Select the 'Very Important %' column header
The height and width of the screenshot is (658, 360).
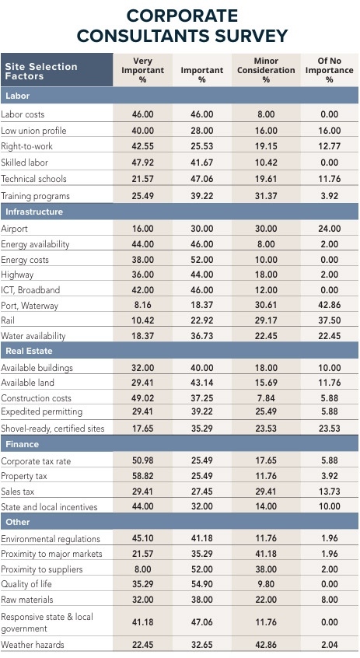point(142,70)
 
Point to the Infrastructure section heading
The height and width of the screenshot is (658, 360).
point(34,212)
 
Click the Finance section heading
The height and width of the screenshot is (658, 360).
point(23,444)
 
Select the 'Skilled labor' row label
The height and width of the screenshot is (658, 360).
point(25,163)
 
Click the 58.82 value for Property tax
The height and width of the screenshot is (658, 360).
point(142,476)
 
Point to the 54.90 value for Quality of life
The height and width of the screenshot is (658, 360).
point(201,584)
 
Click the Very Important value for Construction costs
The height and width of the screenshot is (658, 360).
point(142,397)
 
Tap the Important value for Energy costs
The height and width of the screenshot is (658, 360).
point(201,260)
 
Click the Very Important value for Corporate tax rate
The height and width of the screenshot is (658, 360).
point(142,461)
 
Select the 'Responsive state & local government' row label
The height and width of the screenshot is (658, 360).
point(47,622)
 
